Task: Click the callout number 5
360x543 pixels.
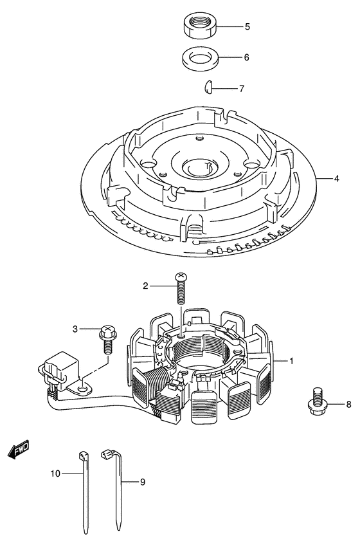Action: pos(247,26)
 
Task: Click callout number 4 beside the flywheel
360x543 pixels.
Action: pos(336,179)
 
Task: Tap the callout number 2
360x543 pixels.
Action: pos(145,286)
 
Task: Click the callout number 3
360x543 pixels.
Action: pos(75,329)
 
